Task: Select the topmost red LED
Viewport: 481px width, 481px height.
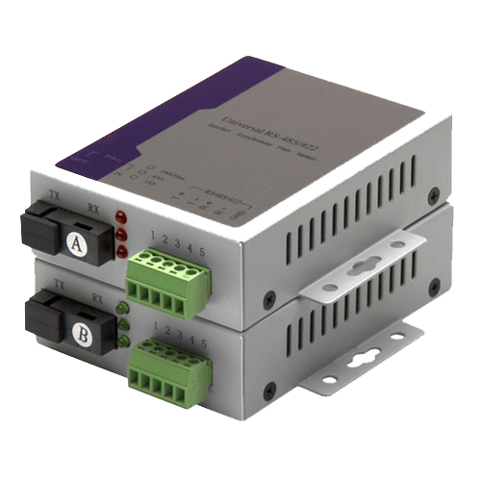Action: [119, 215]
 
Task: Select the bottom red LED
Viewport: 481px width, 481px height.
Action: [121, 251]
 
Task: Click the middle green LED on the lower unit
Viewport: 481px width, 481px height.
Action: [123, 324]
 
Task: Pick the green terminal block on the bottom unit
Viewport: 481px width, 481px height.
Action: [173, 367]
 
